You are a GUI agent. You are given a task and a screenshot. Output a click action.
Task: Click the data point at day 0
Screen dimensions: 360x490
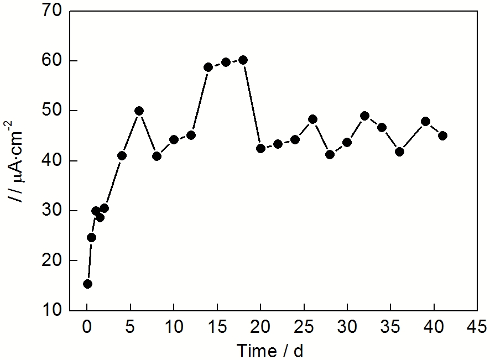pos(87,284)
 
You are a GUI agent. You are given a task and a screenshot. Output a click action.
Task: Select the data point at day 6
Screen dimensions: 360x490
pos(139,111)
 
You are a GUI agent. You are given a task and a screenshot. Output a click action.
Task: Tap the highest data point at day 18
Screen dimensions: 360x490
pos(243,60)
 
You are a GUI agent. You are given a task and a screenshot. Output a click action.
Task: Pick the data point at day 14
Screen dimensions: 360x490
pos(208,67)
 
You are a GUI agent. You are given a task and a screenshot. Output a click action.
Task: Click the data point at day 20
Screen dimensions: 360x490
pos(260,148)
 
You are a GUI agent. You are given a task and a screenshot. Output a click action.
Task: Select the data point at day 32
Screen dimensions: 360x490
pos(364,116)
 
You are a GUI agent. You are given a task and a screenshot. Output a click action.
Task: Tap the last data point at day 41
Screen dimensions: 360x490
pos(442,135)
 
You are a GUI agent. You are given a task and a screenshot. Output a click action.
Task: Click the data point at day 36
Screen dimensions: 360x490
pos(399,152)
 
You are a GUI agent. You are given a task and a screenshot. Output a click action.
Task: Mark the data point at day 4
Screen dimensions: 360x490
pos(122,155)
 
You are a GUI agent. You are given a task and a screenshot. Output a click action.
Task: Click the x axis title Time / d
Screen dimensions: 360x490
pos(270,350)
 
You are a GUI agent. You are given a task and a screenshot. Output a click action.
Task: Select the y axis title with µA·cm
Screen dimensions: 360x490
pos(19,160)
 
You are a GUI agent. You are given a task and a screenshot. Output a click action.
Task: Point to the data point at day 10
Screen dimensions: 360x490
pos(174,139)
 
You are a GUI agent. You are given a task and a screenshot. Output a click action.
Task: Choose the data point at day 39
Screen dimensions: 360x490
pos(425,121)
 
